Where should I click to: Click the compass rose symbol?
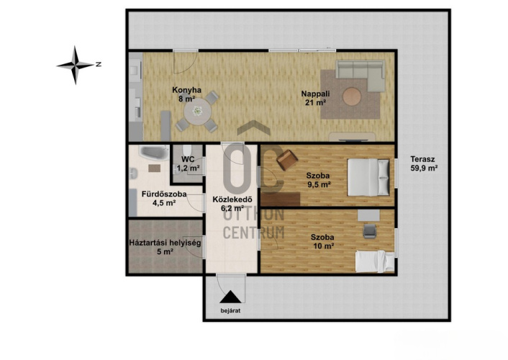(x=76, y=66)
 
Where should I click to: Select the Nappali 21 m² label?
(x=315, y=98)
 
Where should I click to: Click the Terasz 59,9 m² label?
(x=424, y=163)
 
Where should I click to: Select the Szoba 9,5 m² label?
(x=318, y=180)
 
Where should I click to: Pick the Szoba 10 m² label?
(x=322, y=242)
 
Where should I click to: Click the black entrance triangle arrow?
(x=230, y=297)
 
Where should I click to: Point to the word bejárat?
(x=230, y=311)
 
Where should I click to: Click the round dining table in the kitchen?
(x=198, y=112)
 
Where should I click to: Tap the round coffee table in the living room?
(x=352, y=96)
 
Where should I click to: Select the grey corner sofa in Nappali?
(x=360, y=76)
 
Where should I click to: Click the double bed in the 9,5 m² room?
(x=368, y=177)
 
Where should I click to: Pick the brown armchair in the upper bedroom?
(x=287, y=160)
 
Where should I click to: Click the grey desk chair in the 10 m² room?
(x=370, y=231)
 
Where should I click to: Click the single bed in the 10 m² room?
(x=375, y=261)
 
